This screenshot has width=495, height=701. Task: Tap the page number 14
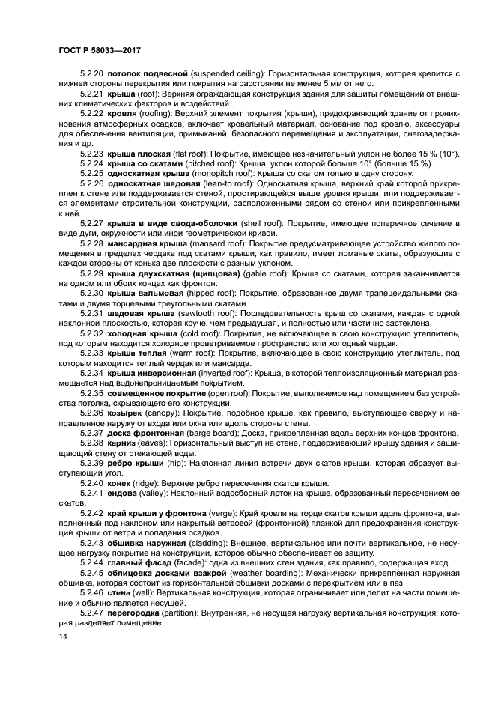point(63,636)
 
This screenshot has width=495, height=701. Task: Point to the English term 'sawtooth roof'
point(209,314)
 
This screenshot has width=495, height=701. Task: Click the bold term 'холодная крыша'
point(142,333)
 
